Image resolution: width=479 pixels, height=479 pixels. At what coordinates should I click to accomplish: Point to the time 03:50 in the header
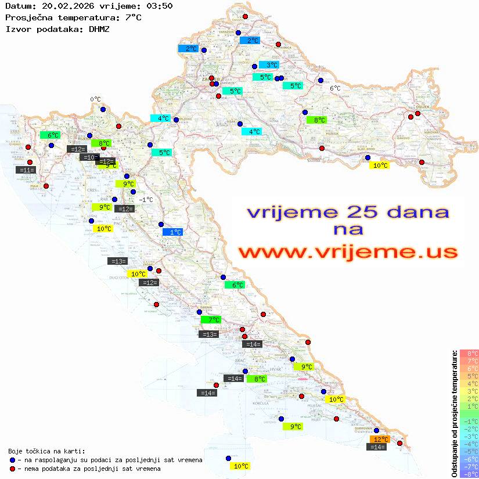pyautogui.click(x=159, y=6)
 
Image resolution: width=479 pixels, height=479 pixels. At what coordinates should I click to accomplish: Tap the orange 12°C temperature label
pyautogui.click(x=380, y=440)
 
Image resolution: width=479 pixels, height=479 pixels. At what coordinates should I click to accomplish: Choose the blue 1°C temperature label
pyautogui.click(x=173, y=232)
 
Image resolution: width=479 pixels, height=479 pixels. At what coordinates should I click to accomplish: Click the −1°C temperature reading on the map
pyautogui.click(x=146, y=200)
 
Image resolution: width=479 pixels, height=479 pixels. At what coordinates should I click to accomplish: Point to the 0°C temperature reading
pyautogui.click(x=95, y=99)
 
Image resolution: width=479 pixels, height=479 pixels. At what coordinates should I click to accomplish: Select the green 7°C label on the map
pyautogui.click(x=211, y=319)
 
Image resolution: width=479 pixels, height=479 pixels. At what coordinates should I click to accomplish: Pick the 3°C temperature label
pyautogui.click(x=268, y=65)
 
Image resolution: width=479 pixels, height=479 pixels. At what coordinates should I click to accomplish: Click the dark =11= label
pyautogui.click(x=27, y=170)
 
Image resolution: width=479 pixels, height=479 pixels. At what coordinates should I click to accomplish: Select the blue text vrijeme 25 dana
pyautogui.click(x=347, y=212)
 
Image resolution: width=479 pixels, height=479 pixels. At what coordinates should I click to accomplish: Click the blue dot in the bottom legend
pyautogui.click(x=12, y=460)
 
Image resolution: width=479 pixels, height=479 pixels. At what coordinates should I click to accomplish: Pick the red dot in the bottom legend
pyautogui.click(x=12, y=468)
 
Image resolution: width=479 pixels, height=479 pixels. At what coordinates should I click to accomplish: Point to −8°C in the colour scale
pyautogui.click(x=469, y=474)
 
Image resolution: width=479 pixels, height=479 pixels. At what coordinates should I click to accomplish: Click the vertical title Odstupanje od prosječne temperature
pyautogui.click(x=454, y=413)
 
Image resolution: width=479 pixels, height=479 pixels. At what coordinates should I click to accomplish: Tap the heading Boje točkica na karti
pyautogui.click(x=46, y=451)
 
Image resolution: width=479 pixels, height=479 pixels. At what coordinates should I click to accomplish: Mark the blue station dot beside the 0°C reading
pyautogui.click(x=103, y=109)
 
